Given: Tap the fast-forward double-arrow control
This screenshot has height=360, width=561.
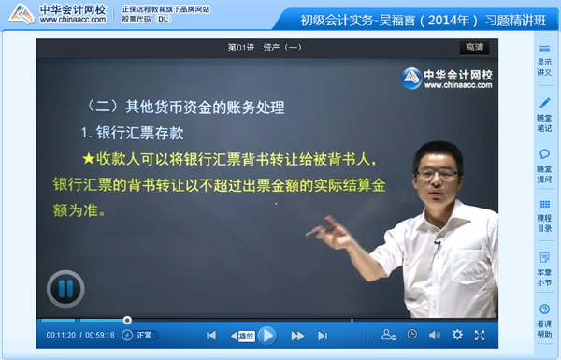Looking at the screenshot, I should pyautogui.click(x=297, y=336).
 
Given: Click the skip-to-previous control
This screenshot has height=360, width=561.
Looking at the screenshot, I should pyautogui.click(x=212, y=336).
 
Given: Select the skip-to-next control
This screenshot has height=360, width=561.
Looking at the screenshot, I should pyautogui.click(x=323, y=336).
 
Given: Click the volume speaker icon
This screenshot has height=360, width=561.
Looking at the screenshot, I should pyautogui.click(x=435, y=335).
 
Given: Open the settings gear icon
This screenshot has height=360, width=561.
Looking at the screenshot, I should pyautogui.click(x=457, y=335).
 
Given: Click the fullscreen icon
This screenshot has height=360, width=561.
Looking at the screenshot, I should pyautogui.click(x=480, y=335).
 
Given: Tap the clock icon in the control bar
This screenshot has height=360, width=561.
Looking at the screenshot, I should pyautogui.click(x=412, y=335).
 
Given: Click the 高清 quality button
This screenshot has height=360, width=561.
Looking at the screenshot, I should pyautogui.click(x=473, y=48).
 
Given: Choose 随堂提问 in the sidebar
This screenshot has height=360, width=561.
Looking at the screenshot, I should pyautogui.click(x=544, y=166).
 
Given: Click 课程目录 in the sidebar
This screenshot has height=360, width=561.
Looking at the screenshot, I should pyautogui.click(x=544, y=216).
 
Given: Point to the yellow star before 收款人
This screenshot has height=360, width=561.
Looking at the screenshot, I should pyautogui.click(x=88, y=158).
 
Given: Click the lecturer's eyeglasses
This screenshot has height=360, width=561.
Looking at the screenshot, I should pyautogui.click(x=437, y=175).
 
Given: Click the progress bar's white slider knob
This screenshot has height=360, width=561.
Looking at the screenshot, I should pyautogui.click(x=127, y=321).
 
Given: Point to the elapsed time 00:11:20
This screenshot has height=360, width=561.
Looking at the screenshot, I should pyautogui.click(x=60, y=336).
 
